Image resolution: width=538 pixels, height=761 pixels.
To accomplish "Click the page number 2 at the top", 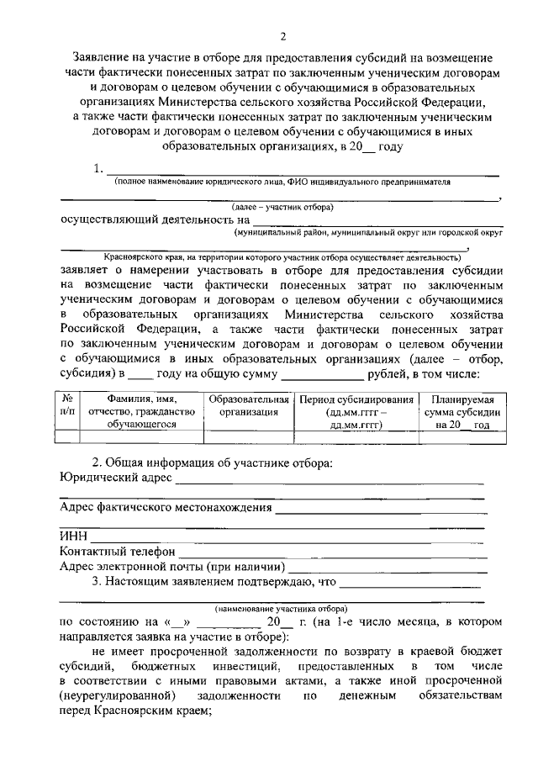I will tap(283, 35).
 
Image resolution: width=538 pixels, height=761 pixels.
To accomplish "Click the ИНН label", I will tap(73, 536).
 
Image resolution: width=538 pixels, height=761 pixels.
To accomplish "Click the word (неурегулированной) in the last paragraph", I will tap(117, 696).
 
